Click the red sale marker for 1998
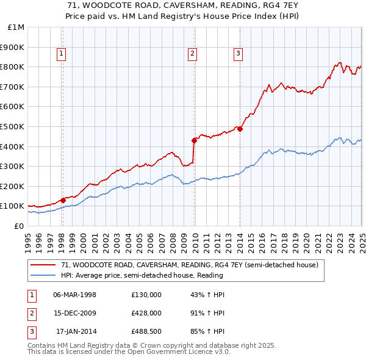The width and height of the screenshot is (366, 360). coord(63,200)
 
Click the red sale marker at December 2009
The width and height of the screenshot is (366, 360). coord(195,140)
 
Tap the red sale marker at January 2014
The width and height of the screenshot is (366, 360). coord(240,129)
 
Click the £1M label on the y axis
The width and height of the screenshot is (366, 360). coord(16,27)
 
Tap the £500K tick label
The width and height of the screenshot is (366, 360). coord(12,126)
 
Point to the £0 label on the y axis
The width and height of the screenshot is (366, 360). coord(20,226)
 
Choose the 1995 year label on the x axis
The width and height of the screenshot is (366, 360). coord(28,239)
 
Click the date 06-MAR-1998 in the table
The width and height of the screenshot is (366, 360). coord(75,295)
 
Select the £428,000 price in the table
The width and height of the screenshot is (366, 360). coord(146,314)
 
